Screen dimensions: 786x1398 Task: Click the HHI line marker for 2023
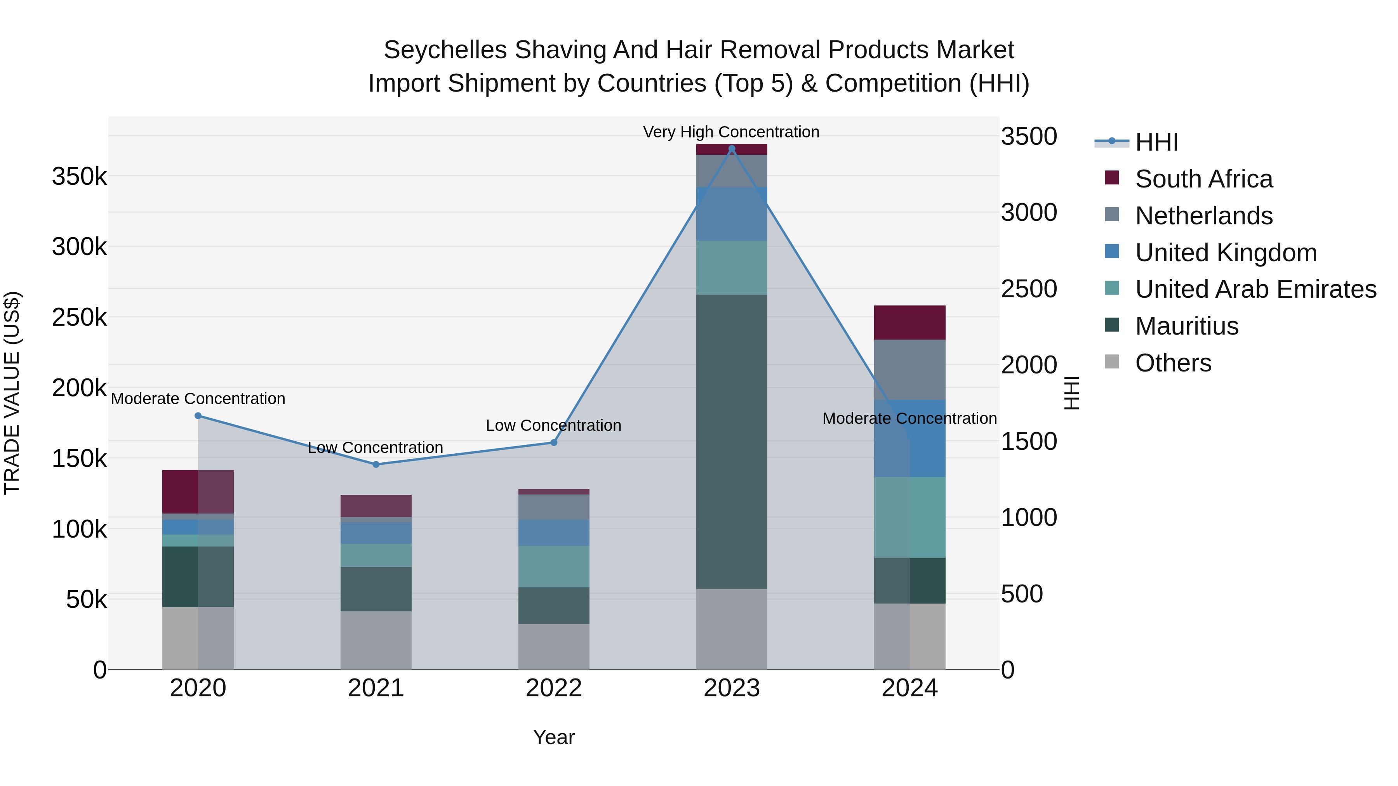click(x=732, y=149)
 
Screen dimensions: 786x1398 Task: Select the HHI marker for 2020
click(x=198, y=416)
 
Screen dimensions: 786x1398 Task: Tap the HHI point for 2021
click(x=376, y=464)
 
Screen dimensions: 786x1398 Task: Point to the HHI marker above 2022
click(x=553, y=442)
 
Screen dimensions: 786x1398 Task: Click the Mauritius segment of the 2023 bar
click(x=732, y=442)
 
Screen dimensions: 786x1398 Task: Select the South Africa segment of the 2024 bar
click(x=909, y=323)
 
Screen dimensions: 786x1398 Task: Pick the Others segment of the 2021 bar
click(x=376, y=640)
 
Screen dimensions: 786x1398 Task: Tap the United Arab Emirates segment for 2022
click(x=553, y=566)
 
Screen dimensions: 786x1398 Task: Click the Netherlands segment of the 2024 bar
click(x=909, y=370)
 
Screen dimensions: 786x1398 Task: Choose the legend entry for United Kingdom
click(x=1226, y=253)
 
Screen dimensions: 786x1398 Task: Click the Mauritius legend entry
click(x=1186, y=326)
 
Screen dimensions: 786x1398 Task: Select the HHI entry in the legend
click(x=1156, y=142)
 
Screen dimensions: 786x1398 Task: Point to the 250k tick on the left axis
click(x=80, y=318)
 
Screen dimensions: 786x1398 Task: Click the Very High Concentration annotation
click(x=731, y=132)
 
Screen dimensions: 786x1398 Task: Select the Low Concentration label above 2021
click(x=376, y=448)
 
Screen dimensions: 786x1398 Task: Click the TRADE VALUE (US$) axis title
click(x=12, y=393)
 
